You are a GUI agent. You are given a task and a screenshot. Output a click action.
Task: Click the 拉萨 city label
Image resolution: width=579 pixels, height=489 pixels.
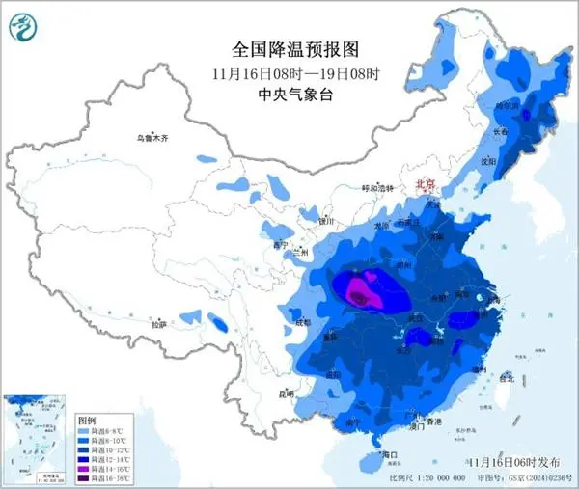pos(160,324)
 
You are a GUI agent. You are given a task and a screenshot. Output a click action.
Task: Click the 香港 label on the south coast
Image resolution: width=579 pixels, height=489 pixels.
pos(434,422)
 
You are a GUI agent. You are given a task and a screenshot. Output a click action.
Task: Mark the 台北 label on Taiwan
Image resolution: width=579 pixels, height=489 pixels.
pos(509,377)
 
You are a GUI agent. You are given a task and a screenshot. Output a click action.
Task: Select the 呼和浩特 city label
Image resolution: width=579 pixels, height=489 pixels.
pos(378,188)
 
